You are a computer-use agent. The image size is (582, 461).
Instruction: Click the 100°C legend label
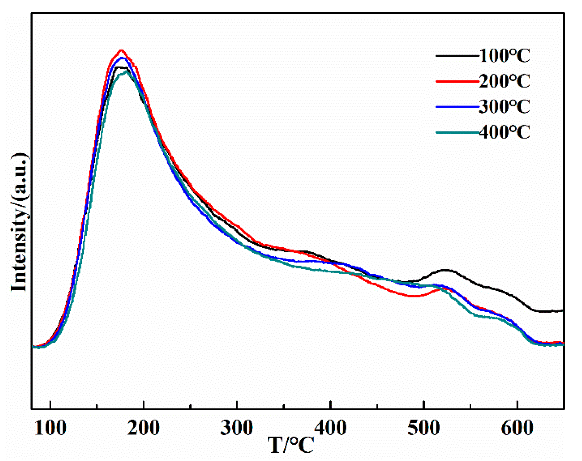click(504, 56)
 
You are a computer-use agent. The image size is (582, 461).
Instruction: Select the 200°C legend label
click(504, 82)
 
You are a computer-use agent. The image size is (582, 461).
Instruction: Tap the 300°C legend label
click(504, 107)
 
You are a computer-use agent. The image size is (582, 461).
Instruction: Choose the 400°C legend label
click(504, 132)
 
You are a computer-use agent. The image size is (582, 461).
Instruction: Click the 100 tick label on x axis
click(50, 428)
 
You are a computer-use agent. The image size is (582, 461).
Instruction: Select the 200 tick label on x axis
click(143, 428)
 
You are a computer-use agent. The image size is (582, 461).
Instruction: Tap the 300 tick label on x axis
click(237, 428)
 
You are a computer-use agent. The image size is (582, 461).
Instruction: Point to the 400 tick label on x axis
click(330, 428)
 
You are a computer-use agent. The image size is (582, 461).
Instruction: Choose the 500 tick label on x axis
click(423, 428)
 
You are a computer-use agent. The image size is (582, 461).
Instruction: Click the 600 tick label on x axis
click(517, 428)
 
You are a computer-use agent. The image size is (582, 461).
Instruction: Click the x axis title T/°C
click(291, 445)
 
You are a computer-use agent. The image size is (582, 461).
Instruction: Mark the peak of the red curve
click(121, 50)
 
